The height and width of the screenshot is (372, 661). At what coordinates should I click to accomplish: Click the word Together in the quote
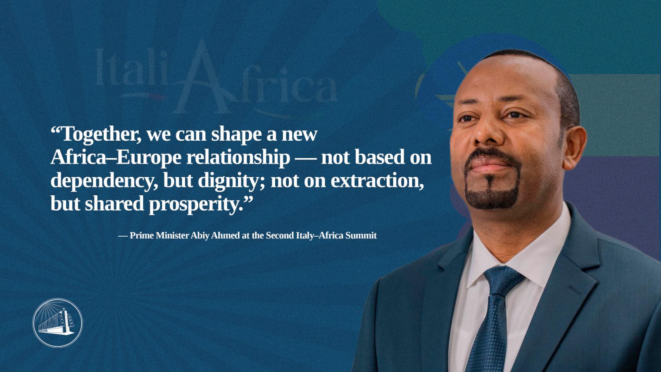(101, 134)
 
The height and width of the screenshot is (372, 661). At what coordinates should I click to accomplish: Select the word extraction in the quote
(377, 181)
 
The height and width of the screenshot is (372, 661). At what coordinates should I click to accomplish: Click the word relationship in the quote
(238, 158)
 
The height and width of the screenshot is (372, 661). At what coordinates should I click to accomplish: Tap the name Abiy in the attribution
(200, 235)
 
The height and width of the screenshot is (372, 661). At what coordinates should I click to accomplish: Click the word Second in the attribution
(279, 235)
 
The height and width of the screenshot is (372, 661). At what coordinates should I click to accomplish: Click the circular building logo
(57, 323)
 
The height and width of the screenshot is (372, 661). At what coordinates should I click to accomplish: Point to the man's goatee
(492, 194)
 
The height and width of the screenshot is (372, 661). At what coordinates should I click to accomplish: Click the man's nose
(487, 137)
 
